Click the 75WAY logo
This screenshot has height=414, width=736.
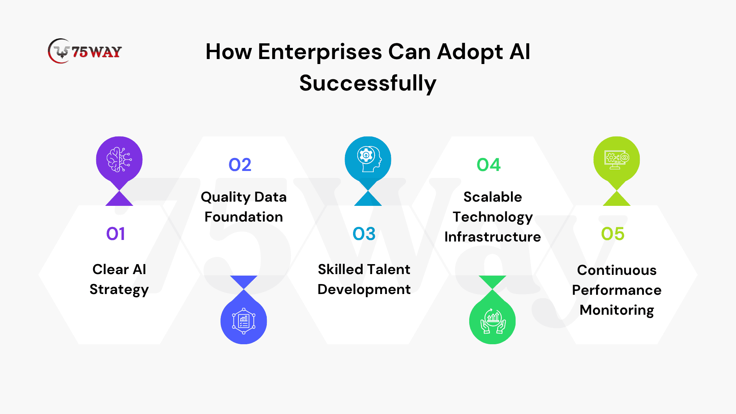[85, 51]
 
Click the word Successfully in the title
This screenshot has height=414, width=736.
[368, 83]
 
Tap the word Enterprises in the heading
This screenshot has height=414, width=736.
[320, 52]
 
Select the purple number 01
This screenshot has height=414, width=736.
[115, 233]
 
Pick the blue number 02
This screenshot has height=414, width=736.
[240, 165]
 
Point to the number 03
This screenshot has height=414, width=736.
[364, 233]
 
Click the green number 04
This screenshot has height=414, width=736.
[489, 165]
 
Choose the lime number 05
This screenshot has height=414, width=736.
[613, 233]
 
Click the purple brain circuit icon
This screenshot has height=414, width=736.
[119, 159]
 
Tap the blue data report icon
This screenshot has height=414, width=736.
[244, 321]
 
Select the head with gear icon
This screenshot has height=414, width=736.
[368, 159]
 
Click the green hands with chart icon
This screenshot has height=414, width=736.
[493, 321]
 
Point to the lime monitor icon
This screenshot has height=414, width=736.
[617, 159]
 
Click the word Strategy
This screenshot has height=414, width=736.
[119, 290]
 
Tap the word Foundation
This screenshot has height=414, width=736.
[244, 217]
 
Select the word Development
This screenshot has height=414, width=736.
[364, 290]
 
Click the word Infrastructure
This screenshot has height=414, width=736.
[493, 237]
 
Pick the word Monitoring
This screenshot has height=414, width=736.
[617, 310]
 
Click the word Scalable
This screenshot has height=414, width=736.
[493, 197]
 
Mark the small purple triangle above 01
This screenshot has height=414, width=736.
[119, 199]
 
